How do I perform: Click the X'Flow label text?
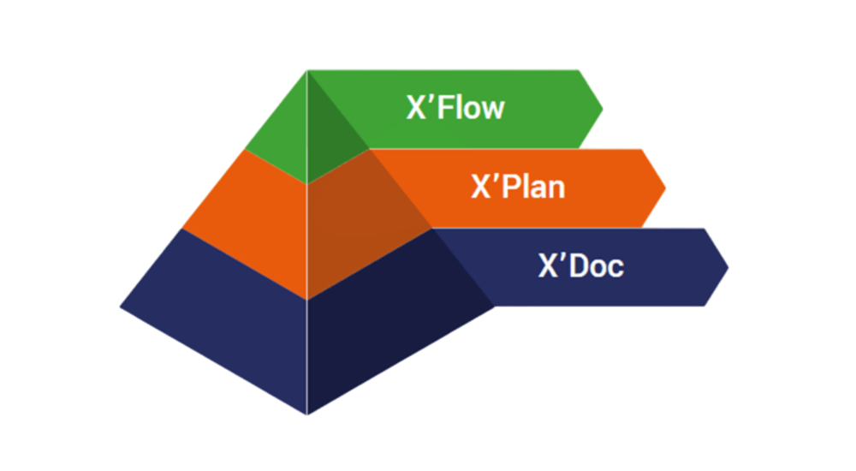click(455, 108)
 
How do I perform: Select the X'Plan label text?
click(518, 187)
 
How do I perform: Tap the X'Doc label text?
click(580, 265)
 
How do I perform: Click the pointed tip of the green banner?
click(603, 109)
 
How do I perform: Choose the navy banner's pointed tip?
click(729, 266)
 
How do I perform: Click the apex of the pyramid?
click(307, 70)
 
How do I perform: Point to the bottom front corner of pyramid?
click(307, 416)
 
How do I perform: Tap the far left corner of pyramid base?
click(119, 306)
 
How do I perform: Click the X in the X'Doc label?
click(547, 266)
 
